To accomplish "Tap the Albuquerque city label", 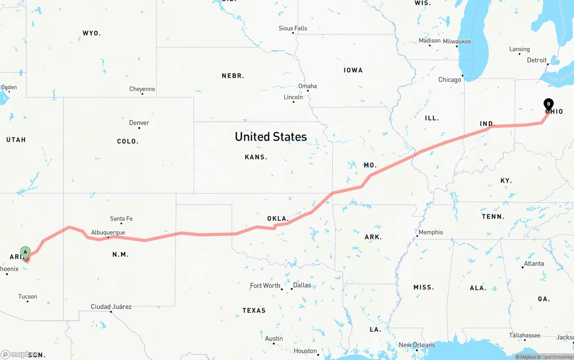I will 108,233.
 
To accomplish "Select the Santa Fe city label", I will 121,219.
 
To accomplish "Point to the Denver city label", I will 139,123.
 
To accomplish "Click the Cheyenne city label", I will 142,89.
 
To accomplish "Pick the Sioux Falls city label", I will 293,28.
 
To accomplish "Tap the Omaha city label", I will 308,86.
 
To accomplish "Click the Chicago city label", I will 450,80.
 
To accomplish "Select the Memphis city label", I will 430,232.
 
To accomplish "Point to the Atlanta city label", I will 534,264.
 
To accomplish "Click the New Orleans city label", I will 417,345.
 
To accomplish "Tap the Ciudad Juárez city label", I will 111,307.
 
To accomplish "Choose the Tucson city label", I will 28,296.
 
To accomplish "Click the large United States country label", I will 271,137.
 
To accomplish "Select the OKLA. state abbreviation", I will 278,219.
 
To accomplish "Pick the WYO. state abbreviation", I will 91,33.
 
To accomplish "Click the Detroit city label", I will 537,60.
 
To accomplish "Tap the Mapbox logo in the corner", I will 18,354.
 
